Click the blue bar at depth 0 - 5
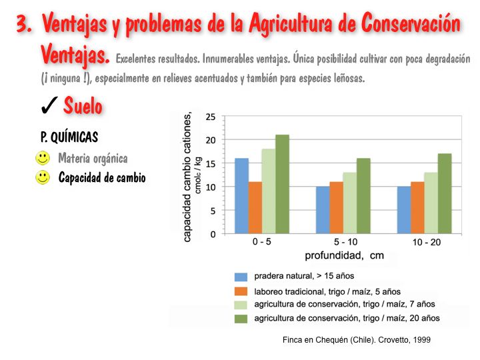(x=241, y=196)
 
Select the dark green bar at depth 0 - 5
(x=282, y=185)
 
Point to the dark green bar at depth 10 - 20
(x=445, y=194)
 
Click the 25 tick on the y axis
(x=211, y=117)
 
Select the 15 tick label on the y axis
(x=211, y=164)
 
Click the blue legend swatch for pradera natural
(x=241, y=276)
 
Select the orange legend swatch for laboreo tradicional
(x=241, y=291)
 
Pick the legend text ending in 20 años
(x=347, y=319)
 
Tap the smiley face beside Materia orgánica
(x=43, y=159)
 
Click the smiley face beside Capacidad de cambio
(x=43, y=178)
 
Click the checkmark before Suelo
(x=49, y=106)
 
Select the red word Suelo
(x=83, y=105)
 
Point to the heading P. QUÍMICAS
(x=69, y=137)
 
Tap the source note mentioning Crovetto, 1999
(x=357, y=340)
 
